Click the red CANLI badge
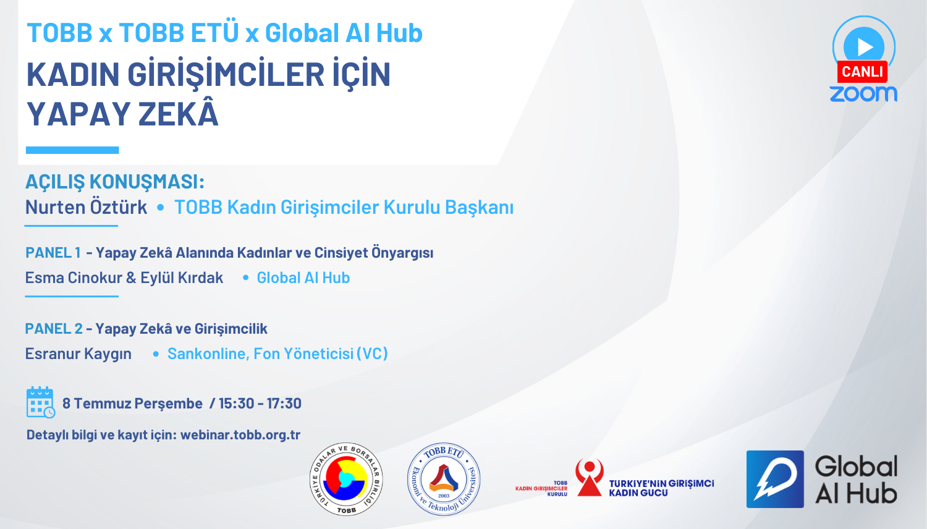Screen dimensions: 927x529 click(x=862, y=72)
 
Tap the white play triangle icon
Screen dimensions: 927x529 click(x=865, y=47)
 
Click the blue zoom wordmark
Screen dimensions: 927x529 click(x=863, y=94)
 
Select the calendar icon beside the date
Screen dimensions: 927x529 click(x=41, y=402)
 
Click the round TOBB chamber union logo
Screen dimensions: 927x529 click(x=346, y=480)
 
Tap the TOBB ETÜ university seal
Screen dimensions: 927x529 click(x=444, y=480)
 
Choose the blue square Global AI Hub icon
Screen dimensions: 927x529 click(x=775, y=480)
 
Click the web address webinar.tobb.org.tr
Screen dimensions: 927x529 click(x=240, y=434)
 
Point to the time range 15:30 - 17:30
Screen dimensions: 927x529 click(x=260, y=403)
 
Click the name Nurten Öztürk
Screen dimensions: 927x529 click(x=86, y=207)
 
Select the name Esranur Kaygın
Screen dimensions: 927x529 click(x=78, y=353)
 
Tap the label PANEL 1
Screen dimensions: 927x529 click(x=53, y=253)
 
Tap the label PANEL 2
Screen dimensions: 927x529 click(x=54, y=329)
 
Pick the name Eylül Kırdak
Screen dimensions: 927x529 click(x=182, y=277)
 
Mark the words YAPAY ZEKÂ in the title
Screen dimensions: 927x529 click(x=122, y=114)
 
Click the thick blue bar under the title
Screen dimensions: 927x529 click(x=72, y=150)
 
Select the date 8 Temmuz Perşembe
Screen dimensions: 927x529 click(x=132, y=403)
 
